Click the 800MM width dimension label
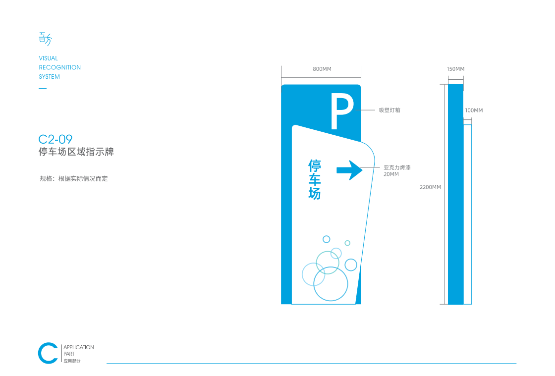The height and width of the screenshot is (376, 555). pyautogui.click(x=322, y=69)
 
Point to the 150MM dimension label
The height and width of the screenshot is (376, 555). pyautogui.click(x=455, y=69)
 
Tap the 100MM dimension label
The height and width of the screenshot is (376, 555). pyautogui.click(x=474, y=110)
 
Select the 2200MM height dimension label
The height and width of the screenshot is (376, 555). pyautogui.click(x=431, y=187)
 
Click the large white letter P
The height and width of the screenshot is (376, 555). pyautogui.click(x=342, y=110)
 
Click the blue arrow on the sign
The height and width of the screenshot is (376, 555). pyautogui.click(x=349, y=170)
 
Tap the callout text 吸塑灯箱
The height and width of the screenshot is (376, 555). pyautogui.click(x=389, y=110)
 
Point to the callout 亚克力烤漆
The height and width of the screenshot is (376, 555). pyautogui.click(x=397, y=167)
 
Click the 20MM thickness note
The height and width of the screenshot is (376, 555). pyautogui.click(x=391, y=174)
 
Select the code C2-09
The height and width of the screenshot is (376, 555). pyautogui.click(x=55, y=139)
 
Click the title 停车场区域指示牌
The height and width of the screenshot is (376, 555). pyautogui.click(x=76, y=152)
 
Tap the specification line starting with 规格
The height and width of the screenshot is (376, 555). pyautogui.click(x=74, y=179)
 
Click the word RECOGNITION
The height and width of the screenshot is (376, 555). pyautogui.click(x=60, y=67)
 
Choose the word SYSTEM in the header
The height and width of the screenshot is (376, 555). pyautogui.click(x=49, y=76)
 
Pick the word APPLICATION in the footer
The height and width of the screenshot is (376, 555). pyautogui.click(x=79, y=347)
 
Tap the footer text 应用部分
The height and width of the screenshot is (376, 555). pyautogui.click(x=72, y=361)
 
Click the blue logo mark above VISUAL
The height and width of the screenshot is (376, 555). pyautogui.click(x=45, y=39)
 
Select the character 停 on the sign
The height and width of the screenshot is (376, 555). pyautogui.click(x=315, y=166)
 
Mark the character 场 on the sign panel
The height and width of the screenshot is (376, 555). pyautogui.click(x=315, y=194)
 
